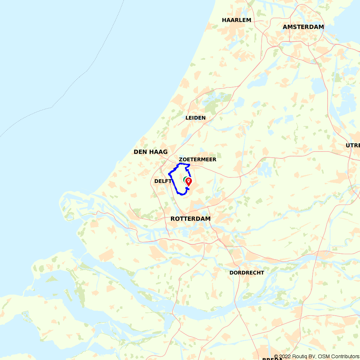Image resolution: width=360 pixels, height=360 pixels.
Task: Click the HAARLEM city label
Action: (237, 20)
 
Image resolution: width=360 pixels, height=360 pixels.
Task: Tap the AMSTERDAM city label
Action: (303, 27)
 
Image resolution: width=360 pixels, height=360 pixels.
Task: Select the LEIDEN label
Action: (195, 118)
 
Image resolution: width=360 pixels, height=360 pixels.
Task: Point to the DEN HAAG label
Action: (150, 152)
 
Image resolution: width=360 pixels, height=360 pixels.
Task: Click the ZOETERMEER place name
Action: (198, 159)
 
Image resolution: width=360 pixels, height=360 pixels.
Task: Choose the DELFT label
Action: (163, 181)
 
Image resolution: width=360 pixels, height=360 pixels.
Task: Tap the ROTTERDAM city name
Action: (190, 219)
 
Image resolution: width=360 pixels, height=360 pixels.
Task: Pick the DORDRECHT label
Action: (247, 273)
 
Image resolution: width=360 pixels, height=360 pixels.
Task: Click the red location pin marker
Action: (188, 181)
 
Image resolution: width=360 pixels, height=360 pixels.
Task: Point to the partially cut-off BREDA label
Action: (272, 359)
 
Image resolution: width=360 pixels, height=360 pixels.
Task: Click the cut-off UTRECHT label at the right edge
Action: (353, 145)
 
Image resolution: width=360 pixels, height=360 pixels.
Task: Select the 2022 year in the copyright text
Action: (284, 357)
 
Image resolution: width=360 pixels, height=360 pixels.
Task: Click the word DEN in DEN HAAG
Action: (139, 152)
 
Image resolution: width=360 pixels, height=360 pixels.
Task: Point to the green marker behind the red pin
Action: (185, 179)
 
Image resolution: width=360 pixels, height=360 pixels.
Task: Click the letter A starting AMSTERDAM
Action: (285, 27)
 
